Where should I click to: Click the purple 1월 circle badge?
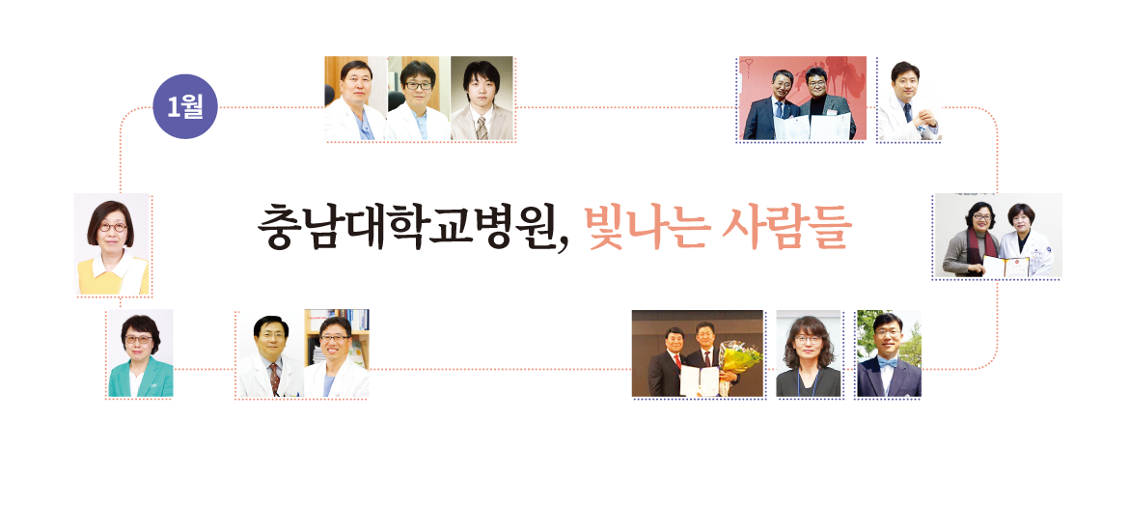(x=185, y=106)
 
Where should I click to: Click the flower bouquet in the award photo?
(x=741, y=358)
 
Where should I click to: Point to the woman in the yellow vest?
(x=112, y=245)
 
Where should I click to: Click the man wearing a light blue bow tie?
(x=889, y=355)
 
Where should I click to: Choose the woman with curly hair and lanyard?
(x=808, y=355)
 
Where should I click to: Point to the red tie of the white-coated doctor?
(x=274, y=378)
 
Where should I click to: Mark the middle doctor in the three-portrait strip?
(x=419, y=100)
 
